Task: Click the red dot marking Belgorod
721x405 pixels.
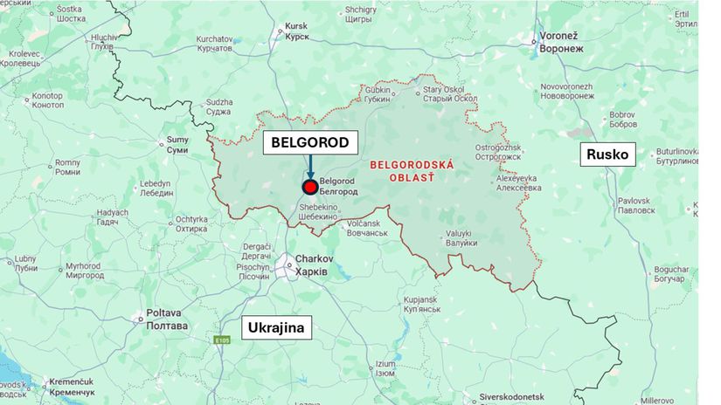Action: [309, 187]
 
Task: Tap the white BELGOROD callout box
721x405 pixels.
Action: [309, 142]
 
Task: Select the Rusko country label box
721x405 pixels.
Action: [608, 154]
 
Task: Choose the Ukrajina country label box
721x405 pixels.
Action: [276, 328]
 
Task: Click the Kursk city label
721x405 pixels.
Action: [295, 31]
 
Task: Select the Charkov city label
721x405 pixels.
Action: [310, 265]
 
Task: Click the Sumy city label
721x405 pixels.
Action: [177, 145]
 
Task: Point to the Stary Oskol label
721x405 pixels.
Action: [445, 93]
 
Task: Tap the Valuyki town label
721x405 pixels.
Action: [458, 237]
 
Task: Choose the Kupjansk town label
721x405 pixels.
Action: [425, 305]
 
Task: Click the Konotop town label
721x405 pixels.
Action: [47, 100]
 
